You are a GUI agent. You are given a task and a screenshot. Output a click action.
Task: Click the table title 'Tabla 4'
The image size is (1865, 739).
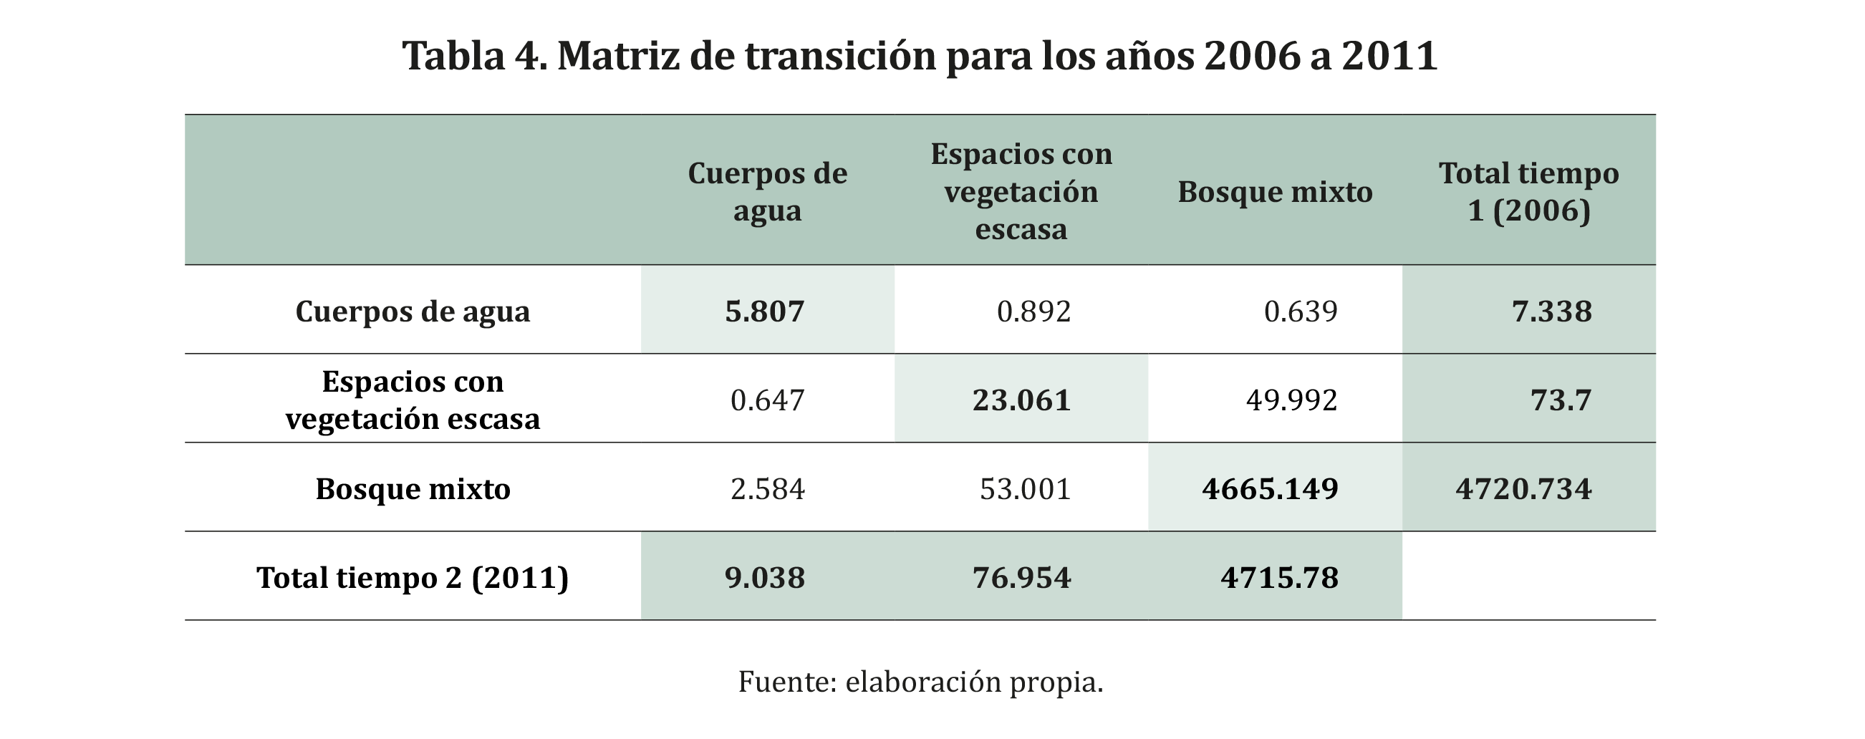(920, 56)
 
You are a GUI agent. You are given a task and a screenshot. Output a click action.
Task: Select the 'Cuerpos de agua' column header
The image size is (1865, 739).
(768, 192)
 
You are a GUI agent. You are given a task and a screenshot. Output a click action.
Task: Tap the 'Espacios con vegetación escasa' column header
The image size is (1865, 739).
(1021, 192)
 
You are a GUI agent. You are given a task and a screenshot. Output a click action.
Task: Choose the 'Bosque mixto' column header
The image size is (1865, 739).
(1275, 193)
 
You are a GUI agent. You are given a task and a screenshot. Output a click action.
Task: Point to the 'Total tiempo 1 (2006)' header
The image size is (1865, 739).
(1528, 192)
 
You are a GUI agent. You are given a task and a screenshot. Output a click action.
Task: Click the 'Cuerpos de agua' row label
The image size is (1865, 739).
(413, 311)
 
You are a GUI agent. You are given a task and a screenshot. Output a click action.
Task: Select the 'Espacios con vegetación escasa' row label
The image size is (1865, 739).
(413, 400)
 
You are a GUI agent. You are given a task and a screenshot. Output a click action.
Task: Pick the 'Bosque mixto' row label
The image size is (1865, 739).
(413, 488)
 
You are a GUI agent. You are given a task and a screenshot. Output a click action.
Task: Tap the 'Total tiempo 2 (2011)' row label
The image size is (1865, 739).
(413, 578)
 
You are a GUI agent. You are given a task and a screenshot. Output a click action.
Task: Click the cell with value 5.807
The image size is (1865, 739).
(764, 311)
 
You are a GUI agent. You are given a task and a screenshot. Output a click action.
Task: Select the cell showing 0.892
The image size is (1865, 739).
(1034, 311)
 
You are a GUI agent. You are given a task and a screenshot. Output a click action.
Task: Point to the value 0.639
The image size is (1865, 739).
(1301, 311)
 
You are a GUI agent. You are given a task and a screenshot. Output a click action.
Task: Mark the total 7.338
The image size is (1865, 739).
(1551, 311)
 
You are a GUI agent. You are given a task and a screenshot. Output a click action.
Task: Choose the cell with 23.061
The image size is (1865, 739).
(1021, 400)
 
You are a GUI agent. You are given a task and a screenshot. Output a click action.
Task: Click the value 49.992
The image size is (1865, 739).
(1291, 400)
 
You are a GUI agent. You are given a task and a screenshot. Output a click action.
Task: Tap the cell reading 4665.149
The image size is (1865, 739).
(1270, 488)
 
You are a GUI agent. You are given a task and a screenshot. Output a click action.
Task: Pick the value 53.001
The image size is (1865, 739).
(1025, 488)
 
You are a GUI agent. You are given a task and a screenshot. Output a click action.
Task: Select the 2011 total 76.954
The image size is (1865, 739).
(1021, 578)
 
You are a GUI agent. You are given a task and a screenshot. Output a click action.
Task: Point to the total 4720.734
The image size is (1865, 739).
(1523, 488)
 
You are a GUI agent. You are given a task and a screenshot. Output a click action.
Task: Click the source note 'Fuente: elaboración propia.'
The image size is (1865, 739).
(920, 682)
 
